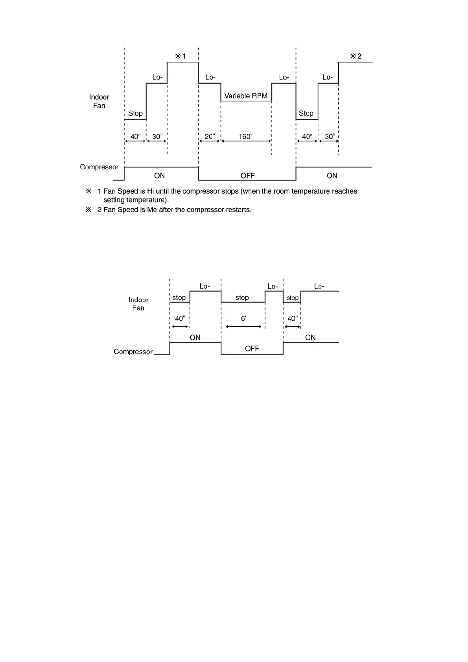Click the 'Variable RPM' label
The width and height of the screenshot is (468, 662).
[x=246, y=96]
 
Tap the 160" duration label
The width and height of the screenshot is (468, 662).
[x=245, y=136]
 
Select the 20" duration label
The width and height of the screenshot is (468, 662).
[x=210, y=136]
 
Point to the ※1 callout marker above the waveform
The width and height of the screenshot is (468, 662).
[x=181, y=56]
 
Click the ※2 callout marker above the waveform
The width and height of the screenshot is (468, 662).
[x=356, y=56]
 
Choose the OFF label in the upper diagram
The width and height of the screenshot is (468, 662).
[x=247, y=176]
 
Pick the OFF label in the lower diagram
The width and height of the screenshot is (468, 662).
[x=252, y=349]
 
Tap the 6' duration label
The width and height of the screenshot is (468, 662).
[x=243, y=318]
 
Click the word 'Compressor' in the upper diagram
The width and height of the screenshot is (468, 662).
[x=99, y=167]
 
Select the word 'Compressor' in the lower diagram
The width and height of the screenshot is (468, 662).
[x=133, y=352]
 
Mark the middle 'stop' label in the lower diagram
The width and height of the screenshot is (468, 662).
[x=242, y=298]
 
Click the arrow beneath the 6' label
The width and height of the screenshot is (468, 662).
[x=243, y=327]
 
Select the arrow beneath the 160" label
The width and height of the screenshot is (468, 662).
[x=246, y=141]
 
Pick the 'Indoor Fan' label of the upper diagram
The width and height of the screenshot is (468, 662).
[x=99, y=101]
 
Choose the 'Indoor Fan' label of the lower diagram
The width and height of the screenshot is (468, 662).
[x=138, y=304]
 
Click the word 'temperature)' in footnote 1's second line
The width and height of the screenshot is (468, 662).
[x=147, y=200]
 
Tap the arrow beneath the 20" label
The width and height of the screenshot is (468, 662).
[x=209, y=141]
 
